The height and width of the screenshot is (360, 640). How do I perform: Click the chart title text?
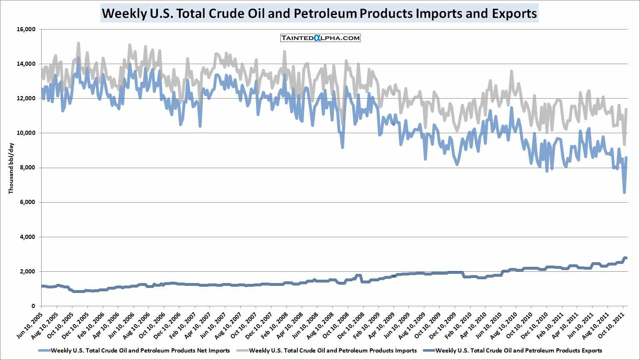point(319,13)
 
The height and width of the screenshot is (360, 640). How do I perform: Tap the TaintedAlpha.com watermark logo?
point(320,38)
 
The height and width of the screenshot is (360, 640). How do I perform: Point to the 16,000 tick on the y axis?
point(26,30)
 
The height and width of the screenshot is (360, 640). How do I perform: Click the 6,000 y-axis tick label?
point(27,202)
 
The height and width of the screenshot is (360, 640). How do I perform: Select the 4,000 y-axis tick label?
point(27,237)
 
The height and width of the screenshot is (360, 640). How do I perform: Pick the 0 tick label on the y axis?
point(33,306)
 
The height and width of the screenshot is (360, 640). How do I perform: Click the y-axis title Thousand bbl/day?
point(11,168)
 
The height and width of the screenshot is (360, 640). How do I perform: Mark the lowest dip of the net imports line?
point(624,192)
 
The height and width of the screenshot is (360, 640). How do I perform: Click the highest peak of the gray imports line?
point(78,43)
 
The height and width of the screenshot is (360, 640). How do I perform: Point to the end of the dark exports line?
point(625,258)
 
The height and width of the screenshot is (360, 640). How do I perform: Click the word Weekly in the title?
point(124,13)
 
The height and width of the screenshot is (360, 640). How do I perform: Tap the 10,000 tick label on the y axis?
point(26,133)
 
